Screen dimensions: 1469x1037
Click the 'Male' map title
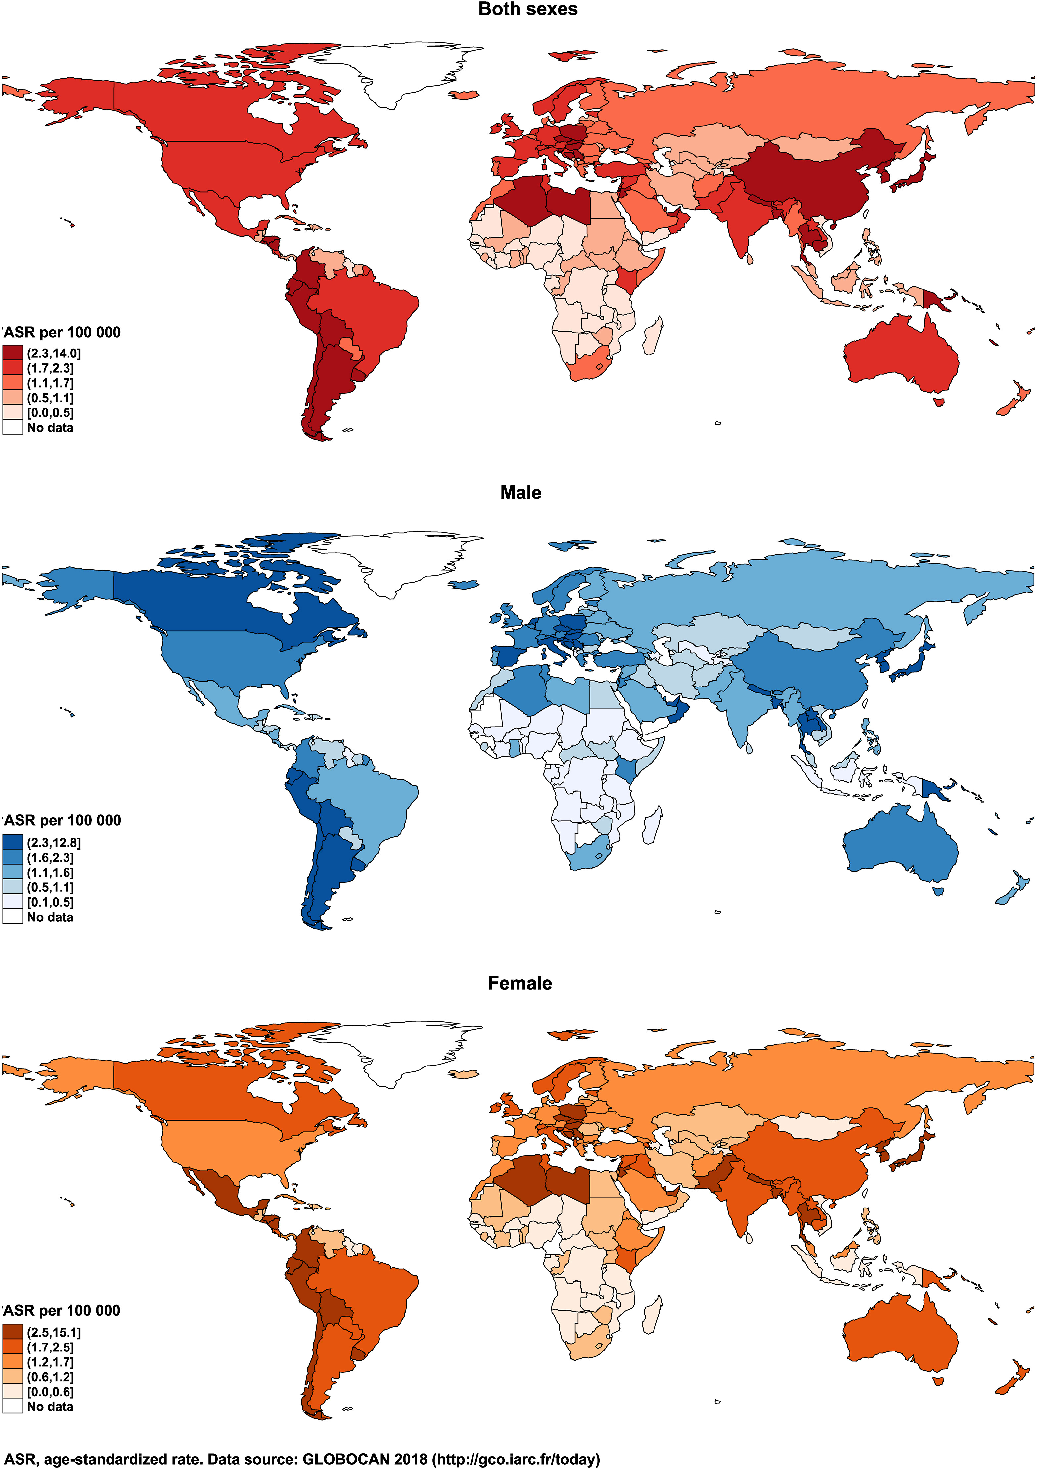click(x=521, y=493)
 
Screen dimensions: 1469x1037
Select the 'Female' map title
click(x=519, y=983)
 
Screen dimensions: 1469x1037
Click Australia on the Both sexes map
click(x=902, y=355)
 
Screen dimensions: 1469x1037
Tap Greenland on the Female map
click(x=409, y=1049)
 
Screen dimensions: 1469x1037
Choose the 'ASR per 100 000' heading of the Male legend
click(x=62, y=820)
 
